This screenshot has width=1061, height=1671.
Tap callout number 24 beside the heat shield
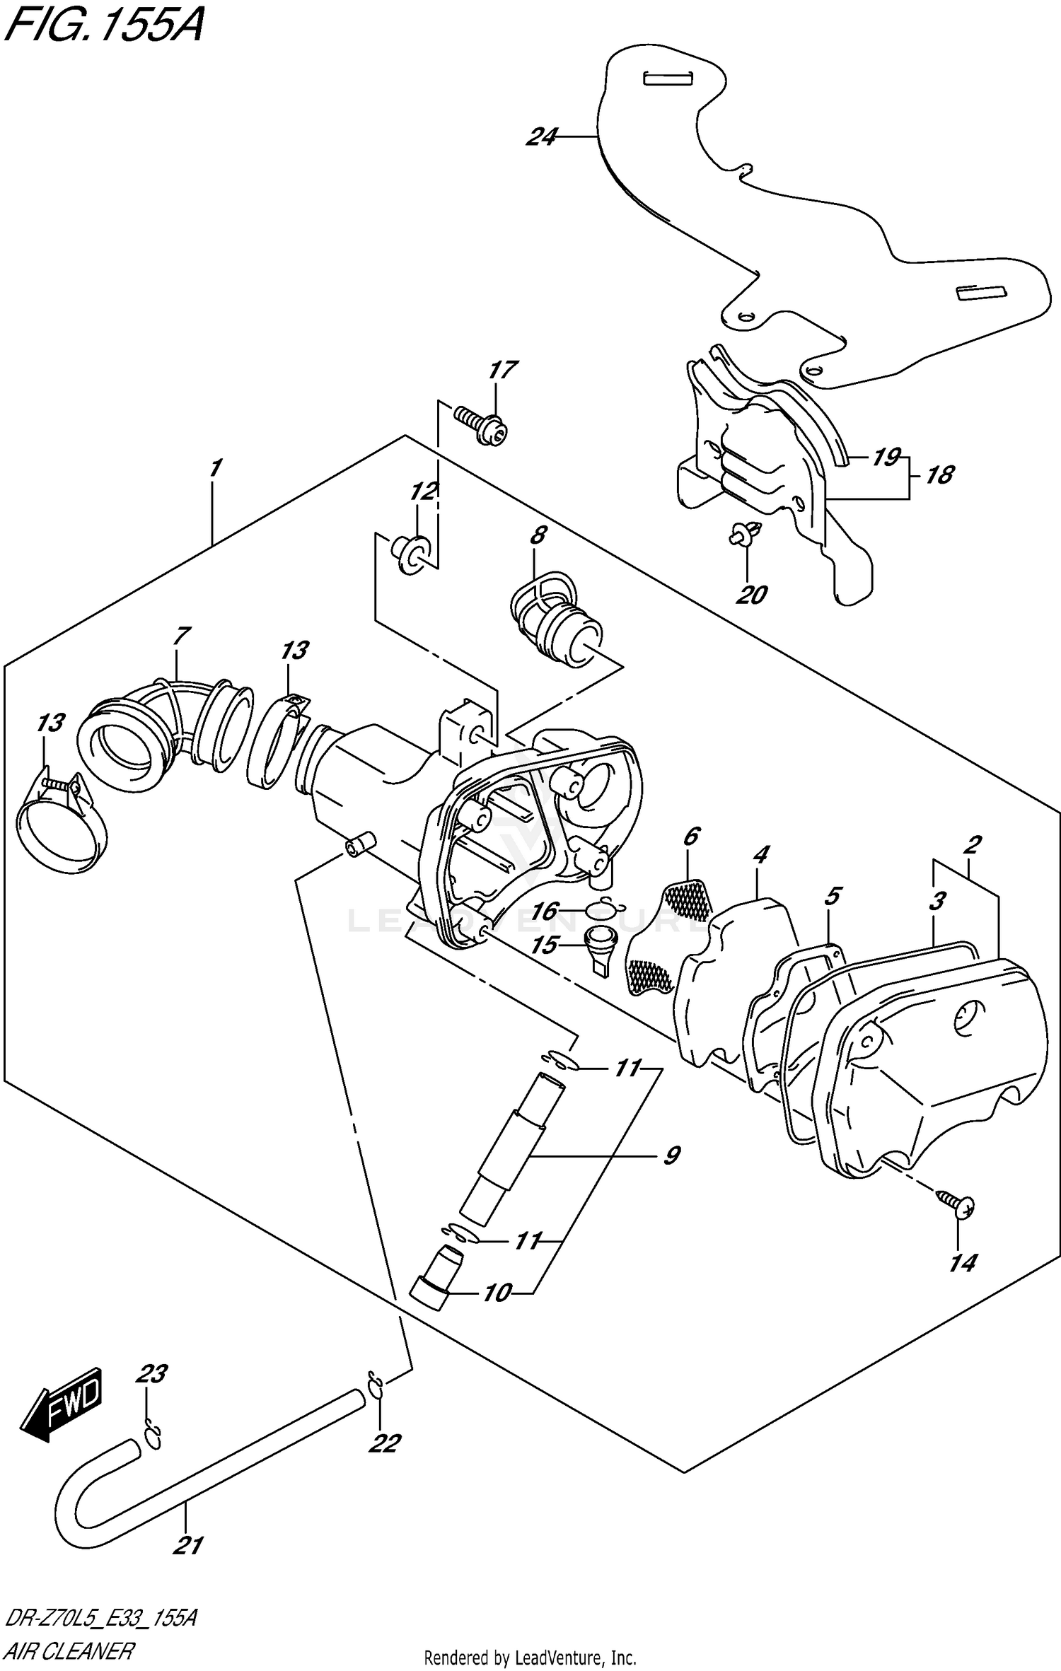tap(541, 136)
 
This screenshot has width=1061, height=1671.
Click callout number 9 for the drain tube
tap(670, 1155)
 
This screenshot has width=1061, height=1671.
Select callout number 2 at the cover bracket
tap(973, 844)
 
